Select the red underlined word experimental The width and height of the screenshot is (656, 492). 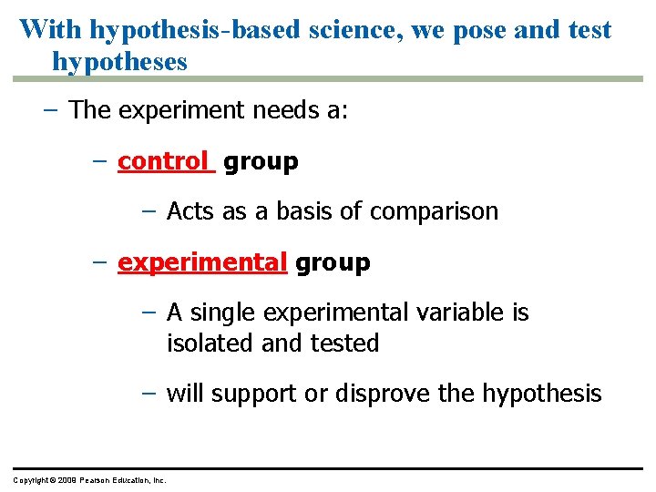click(x=202, y=263)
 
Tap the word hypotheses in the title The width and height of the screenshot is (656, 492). click(x=119, y=62)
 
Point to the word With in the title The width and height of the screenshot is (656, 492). click(x=52, y=29)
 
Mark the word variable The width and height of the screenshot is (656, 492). click(x=461, y=313)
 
